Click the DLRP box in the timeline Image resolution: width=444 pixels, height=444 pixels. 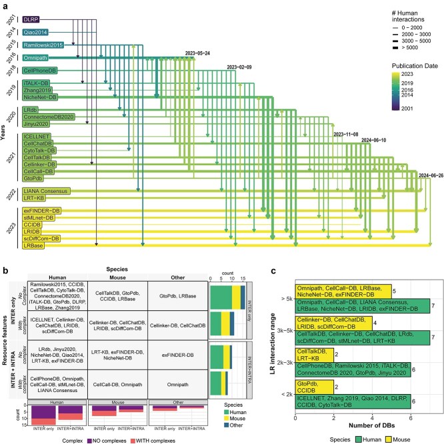click(32, 20)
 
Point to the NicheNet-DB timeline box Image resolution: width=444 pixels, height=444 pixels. click(42, 97)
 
